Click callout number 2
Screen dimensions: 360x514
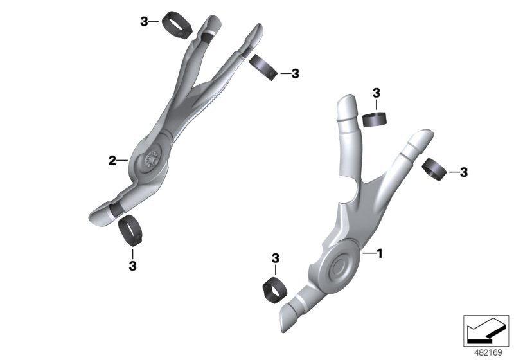[112, 160]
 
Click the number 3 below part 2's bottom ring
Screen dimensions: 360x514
[132, 264]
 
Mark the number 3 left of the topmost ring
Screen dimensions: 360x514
[144, 22]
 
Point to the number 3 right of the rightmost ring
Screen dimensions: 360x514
[464, 172]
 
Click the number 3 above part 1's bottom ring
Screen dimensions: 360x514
[275, 258]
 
